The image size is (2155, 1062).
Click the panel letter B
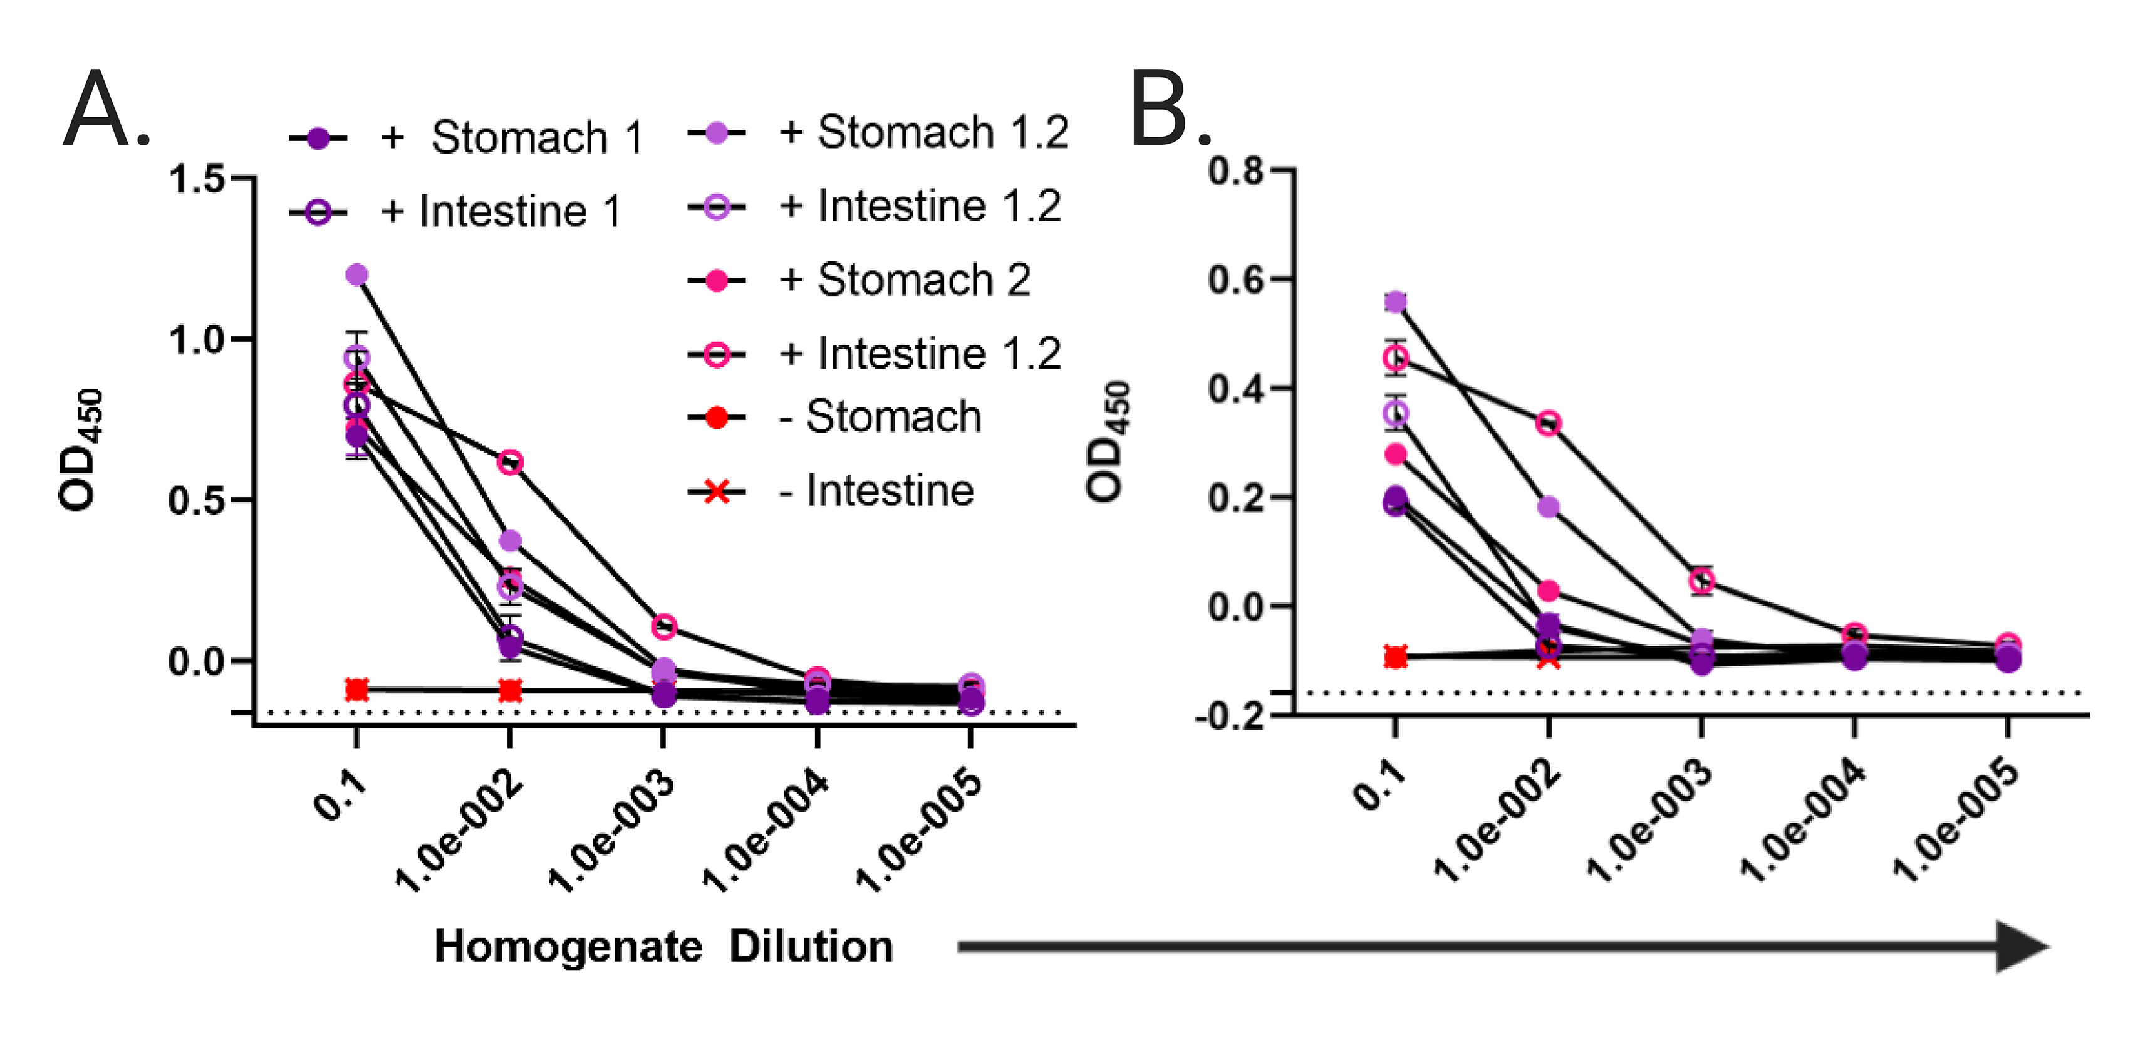(x=1161, y=110)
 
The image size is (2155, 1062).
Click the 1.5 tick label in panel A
(x=197, y=179)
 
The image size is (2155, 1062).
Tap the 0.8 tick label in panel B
(x=1237, y=172)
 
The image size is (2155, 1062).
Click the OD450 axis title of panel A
(x=81, y=450)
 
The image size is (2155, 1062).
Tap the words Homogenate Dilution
(x=663, y=947)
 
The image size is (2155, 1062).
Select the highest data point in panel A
(x=357, y=275)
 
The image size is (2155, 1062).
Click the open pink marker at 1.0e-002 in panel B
(x=1549, y=423)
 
